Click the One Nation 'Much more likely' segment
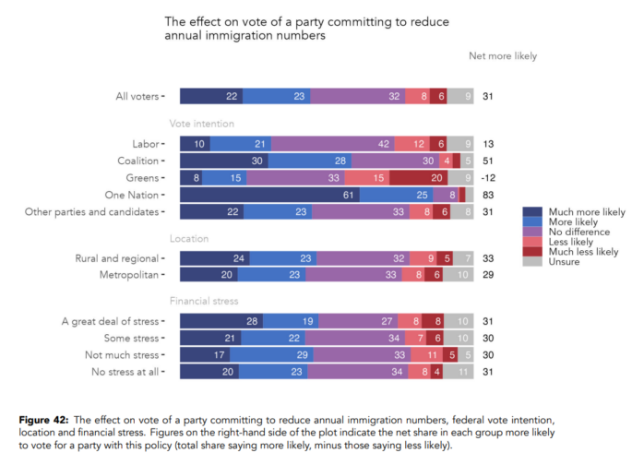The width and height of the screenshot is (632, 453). (269, 196)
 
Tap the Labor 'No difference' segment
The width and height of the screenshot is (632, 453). (332, 144)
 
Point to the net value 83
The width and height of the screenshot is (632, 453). (489, 196)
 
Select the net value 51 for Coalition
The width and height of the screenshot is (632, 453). (489, 161)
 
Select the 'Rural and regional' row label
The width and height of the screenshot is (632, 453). (115, 258)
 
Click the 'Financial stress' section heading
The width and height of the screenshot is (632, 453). (203, 302)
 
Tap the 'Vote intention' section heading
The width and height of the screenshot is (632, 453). (201, 124)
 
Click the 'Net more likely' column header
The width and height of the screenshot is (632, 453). (503, 56)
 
